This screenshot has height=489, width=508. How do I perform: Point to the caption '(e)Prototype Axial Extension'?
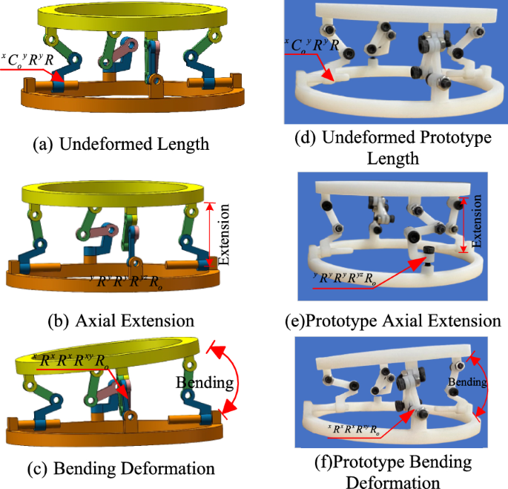pos(392,321)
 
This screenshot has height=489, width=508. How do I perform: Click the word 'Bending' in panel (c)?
pos(204,383)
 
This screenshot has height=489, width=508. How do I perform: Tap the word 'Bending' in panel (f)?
pos(466,383)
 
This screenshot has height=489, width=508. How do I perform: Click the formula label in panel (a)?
pos(27,58)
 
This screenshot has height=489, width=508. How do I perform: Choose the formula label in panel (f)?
pos(355,428)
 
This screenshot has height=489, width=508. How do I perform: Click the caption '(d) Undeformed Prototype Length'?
pos(392,148)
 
